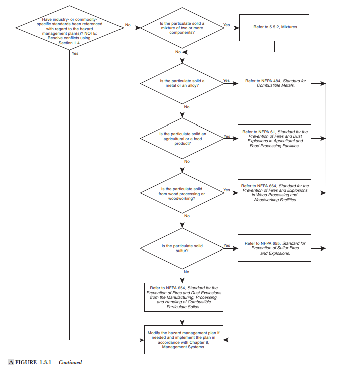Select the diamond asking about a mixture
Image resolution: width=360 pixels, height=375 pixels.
click(x=182, y=28)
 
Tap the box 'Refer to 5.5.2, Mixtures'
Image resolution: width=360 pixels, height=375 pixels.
click(x=275, y=26)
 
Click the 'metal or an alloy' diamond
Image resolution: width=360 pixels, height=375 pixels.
click(x=182, y=82)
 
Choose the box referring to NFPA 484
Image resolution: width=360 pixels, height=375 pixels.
click(x=275, y=82)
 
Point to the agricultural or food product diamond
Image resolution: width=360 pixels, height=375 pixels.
click(x=182, y=138)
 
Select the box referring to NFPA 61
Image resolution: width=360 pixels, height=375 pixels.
click(x=275, y=138)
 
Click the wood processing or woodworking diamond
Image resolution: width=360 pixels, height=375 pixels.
click(x=182, y=193)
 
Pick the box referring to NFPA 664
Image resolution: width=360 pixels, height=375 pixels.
click(x=275, y=193)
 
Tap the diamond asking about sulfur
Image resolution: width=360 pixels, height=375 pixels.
click(x=182, y=248)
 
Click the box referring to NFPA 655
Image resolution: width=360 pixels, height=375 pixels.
click(x=275, y=248)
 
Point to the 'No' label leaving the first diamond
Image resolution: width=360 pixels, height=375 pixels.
click(x=128, y=24)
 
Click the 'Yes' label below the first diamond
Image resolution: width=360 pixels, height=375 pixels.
click(x=75, y=53)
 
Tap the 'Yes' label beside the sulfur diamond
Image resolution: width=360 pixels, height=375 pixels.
click(x=227, y=245)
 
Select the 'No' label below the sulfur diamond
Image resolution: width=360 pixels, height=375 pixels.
click(x=186, y=271)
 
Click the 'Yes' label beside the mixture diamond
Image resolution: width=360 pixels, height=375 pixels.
click(x=227, y=24)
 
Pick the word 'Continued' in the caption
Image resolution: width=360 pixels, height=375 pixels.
click(x=70, y=362)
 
